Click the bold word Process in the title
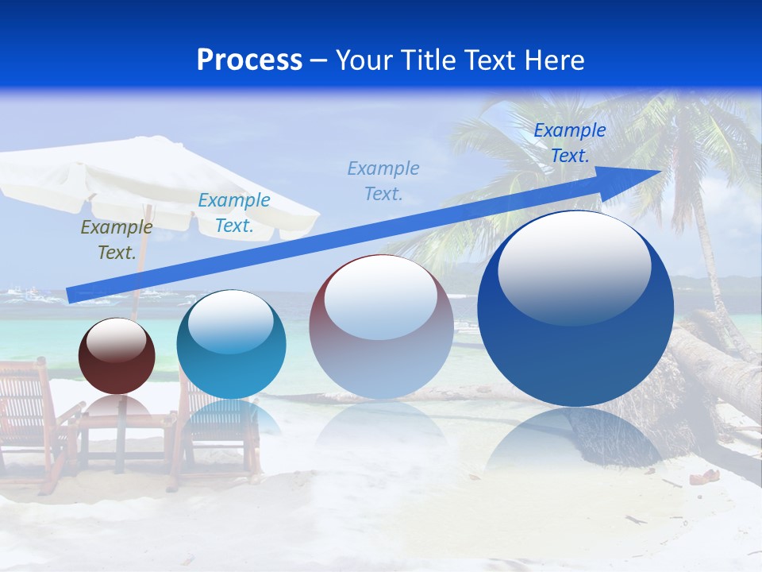click(x=249, y=60)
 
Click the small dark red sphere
click(x=117, y=356)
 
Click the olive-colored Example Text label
click(x=117, y=240)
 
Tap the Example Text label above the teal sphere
click(x=233, y=213)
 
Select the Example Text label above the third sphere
click(x=383, y=180)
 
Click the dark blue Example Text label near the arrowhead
click(x=569, y=143)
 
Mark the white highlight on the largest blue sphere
click(x=574, y=266)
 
